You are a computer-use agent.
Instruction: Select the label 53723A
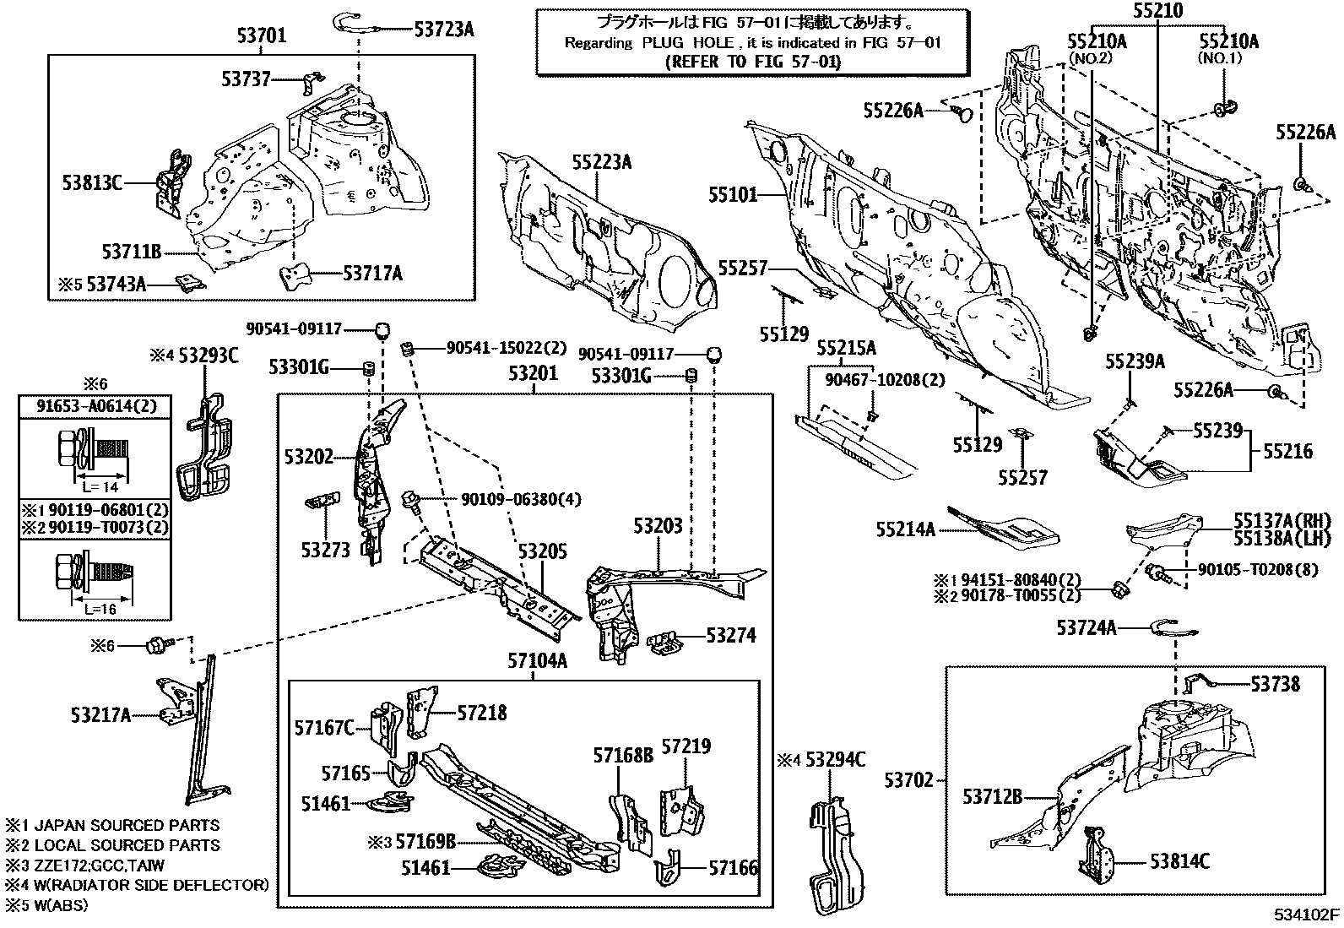444,30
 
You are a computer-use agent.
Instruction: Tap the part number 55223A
601,162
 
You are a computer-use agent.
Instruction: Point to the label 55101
733,196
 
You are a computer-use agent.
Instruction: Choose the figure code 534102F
1307,914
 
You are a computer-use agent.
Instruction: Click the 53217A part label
101,716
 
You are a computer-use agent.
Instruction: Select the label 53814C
1179,861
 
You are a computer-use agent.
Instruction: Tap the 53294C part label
835,760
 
